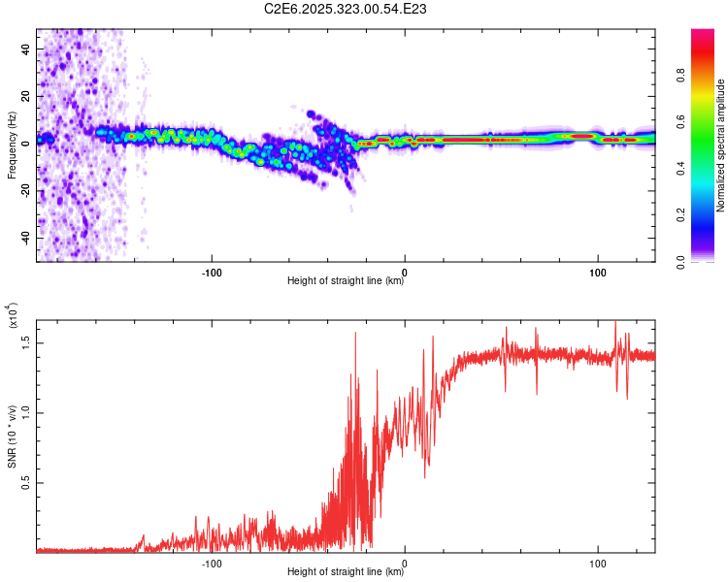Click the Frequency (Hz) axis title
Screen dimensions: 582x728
(11, 145)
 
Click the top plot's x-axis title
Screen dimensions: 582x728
(346, 281)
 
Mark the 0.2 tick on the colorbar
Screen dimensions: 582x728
(710, 215)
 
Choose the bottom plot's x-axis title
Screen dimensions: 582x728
(346, 572)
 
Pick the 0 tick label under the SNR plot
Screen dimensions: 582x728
(405, 562)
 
